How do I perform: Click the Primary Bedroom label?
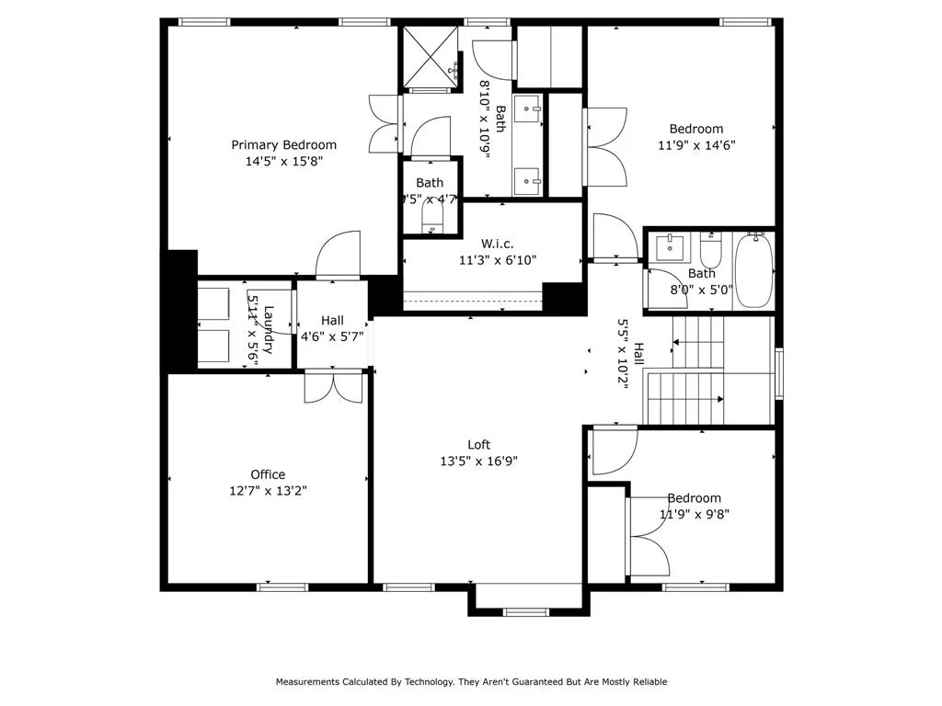click(x=283, y=144)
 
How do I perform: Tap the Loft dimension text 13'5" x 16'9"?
click(x=478, y=461)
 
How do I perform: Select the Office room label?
click(x=268, y=474)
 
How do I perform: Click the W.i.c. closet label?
click(x=498, y=244)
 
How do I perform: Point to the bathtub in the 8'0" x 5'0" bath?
click(x=753, y=271)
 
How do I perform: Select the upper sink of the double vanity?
click(x=528, y=108)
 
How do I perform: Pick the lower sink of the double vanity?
click(x=528, y=179)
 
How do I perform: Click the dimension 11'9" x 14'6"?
click(x=696, y=144)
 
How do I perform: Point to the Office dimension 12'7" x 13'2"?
click(x=268, y=491)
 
